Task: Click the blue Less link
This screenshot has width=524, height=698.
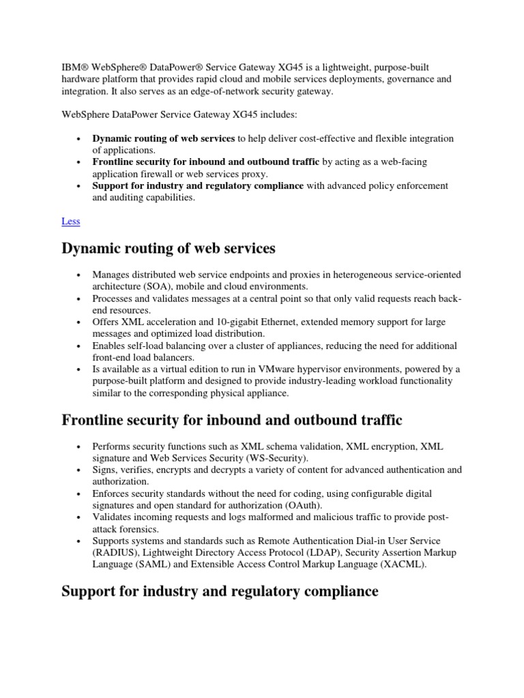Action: click(70, 221)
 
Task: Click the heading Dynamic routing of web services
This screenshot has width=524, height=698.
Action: click(169, 249)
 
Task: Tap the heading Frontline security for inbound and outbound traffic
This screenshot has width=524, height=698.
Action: click(232, 420)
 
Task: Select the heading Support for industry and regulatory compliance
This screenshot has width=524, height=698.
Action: click(220, 591)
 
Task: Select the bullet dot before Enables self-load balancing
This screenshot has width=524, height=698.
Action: click(79, 346)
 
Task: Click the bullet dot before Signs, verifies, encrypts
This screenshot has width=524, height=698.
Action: click(79, 470)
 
